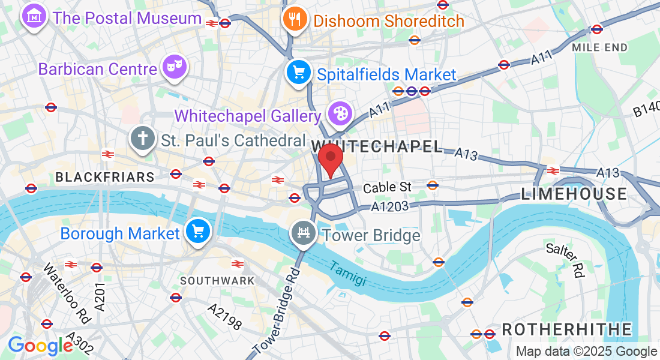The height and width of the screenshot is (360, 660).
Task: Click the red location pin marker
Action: coord(330,159)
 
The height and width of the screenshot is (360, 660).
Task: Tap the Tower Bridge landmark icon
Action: coord(304,233)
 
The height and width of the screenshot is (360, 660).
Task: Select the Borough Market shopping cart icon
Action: coord(197,232)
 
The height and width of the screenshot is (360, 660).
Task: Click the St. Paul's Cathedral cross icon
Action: coord(143,139)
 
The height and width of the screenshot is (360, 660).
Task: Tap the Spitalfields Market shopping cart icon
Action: coord(298,73)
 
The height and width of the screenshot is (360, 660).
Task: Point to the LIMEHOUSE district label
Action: coord(574,193)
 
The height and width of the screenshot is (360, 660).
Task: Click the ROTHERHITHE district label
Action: coord(566,329)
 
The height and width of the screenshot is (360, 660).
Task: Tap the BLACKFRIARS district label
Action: coord(105,177)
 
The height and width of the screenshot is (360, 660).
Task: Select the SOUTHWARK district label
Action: coord(217,280)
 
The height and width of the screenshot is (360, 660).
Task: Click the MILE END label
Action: coord(599,47)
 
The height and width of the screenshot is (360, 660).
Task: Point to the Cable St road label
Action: coord(387,187)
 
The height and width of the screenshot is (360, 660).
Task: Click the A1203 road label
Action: coord(390,206)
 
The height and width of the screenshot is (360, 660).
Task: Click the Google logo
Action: coord(40,346)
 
